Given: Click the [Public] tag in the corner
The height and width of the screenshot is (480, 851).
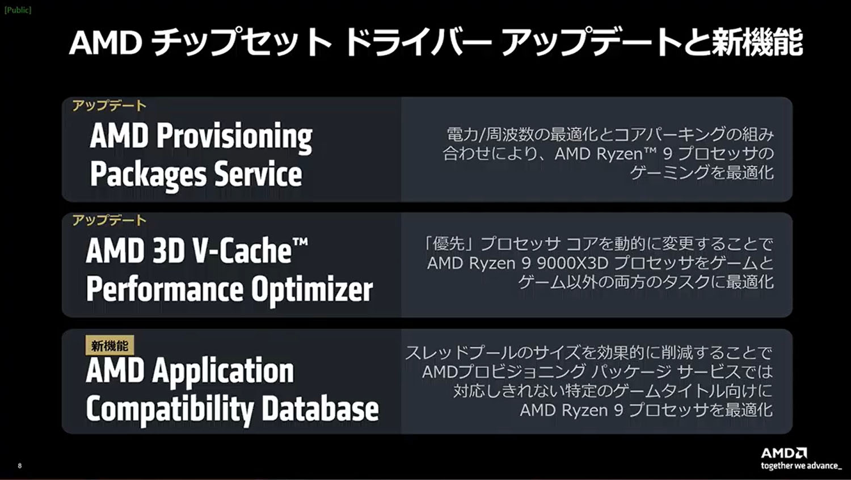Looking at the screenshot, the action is (x=18, y=10).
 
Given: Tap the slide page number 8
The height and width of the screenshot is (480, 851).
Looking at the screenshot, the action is (x=20, y=466).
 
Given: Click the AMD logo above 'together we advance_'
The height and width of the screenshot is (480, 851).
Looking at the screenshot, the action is (x=784, y=453).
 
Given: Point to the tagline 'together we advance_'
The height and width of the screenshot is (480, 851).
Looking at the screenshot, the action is (x=801, y=466).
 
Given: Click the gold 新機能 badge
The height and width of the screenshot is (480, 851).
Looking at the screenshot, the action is (x=109, y=346).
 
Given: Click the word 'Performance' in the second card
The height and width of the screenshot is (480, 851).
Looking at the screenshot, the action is (x=165, y=289).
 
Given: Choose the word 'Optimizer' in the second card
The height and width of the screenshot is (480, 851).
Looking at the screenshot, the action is (x=312, y=289).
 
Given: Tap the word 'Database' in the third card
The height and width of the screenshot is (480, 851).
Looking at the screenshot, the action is (x=321, y=409).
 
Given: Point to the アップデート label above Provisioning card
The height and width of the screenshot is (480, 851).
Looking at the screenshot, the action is (x=109, y=106).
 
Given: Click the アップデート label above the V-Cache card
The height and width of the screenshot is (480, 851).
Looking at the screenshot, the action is (x=109, y=221).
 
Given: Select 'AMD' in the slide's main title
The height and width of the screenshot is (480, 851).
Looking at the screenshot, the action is (x=106, y=43).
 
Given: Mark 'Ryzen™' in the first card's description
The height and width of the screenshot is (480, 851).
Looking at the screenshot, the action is (x=626, y=154).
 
